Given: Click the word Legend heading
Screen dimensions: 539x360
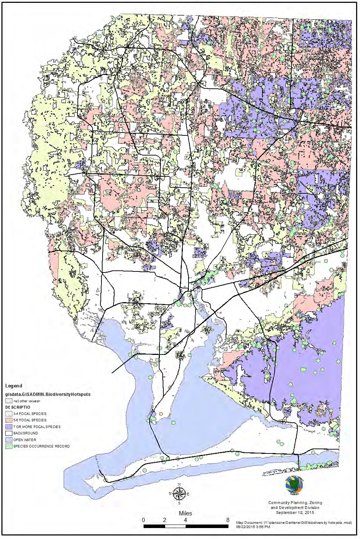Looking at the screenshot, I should tap(13, 386).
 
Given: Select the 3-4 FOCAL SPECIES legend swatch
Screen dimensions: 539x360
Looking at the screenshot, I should tap(8, 414).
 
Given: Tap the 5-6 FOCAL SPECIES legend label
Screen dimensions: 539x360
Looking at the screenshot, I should tap(30, 420).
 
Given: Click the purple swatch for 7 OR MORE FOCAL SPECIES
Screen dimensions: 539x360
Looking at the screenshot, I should tap(8, 427).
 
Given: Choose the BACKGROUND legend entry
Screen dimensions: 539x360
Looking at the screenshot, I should tap(25, 433).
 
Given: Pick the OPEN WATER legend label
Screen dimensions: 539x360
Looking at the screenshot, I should tap(24, 440).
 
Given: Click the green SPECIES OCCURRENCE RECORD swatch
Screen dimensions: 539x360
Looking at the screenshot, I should tap(8, 446).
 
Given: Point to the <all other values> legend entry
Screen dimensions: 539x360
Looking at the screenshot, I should tap(27, 401).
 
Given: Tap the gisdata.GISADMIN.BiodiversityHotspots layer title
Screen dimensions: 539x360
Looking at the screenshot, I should tap(47, 394).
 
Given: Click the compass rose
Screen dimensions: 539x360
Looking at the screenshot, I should tap(179, 493).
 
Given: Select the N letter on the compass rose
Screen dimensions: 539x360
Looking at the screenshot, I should tap(179, 485).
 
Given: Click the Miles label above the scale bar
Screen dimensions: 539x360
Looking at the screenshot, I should tap(185, 513).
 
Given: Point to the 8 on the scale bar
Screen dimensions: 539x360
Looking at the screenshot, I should tap(227, 520).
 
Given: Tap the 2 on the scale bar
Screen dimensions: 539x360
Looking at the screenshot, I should tap(164, 520).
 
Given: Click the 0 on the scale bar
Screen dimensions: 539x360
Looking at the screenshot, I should tap(143, 520).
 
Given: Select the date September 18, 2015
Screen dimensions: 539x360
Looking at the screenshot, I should tap(295, 512).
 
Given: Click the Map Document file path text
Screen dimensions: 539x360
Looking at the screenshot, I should tap(294, 522).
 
